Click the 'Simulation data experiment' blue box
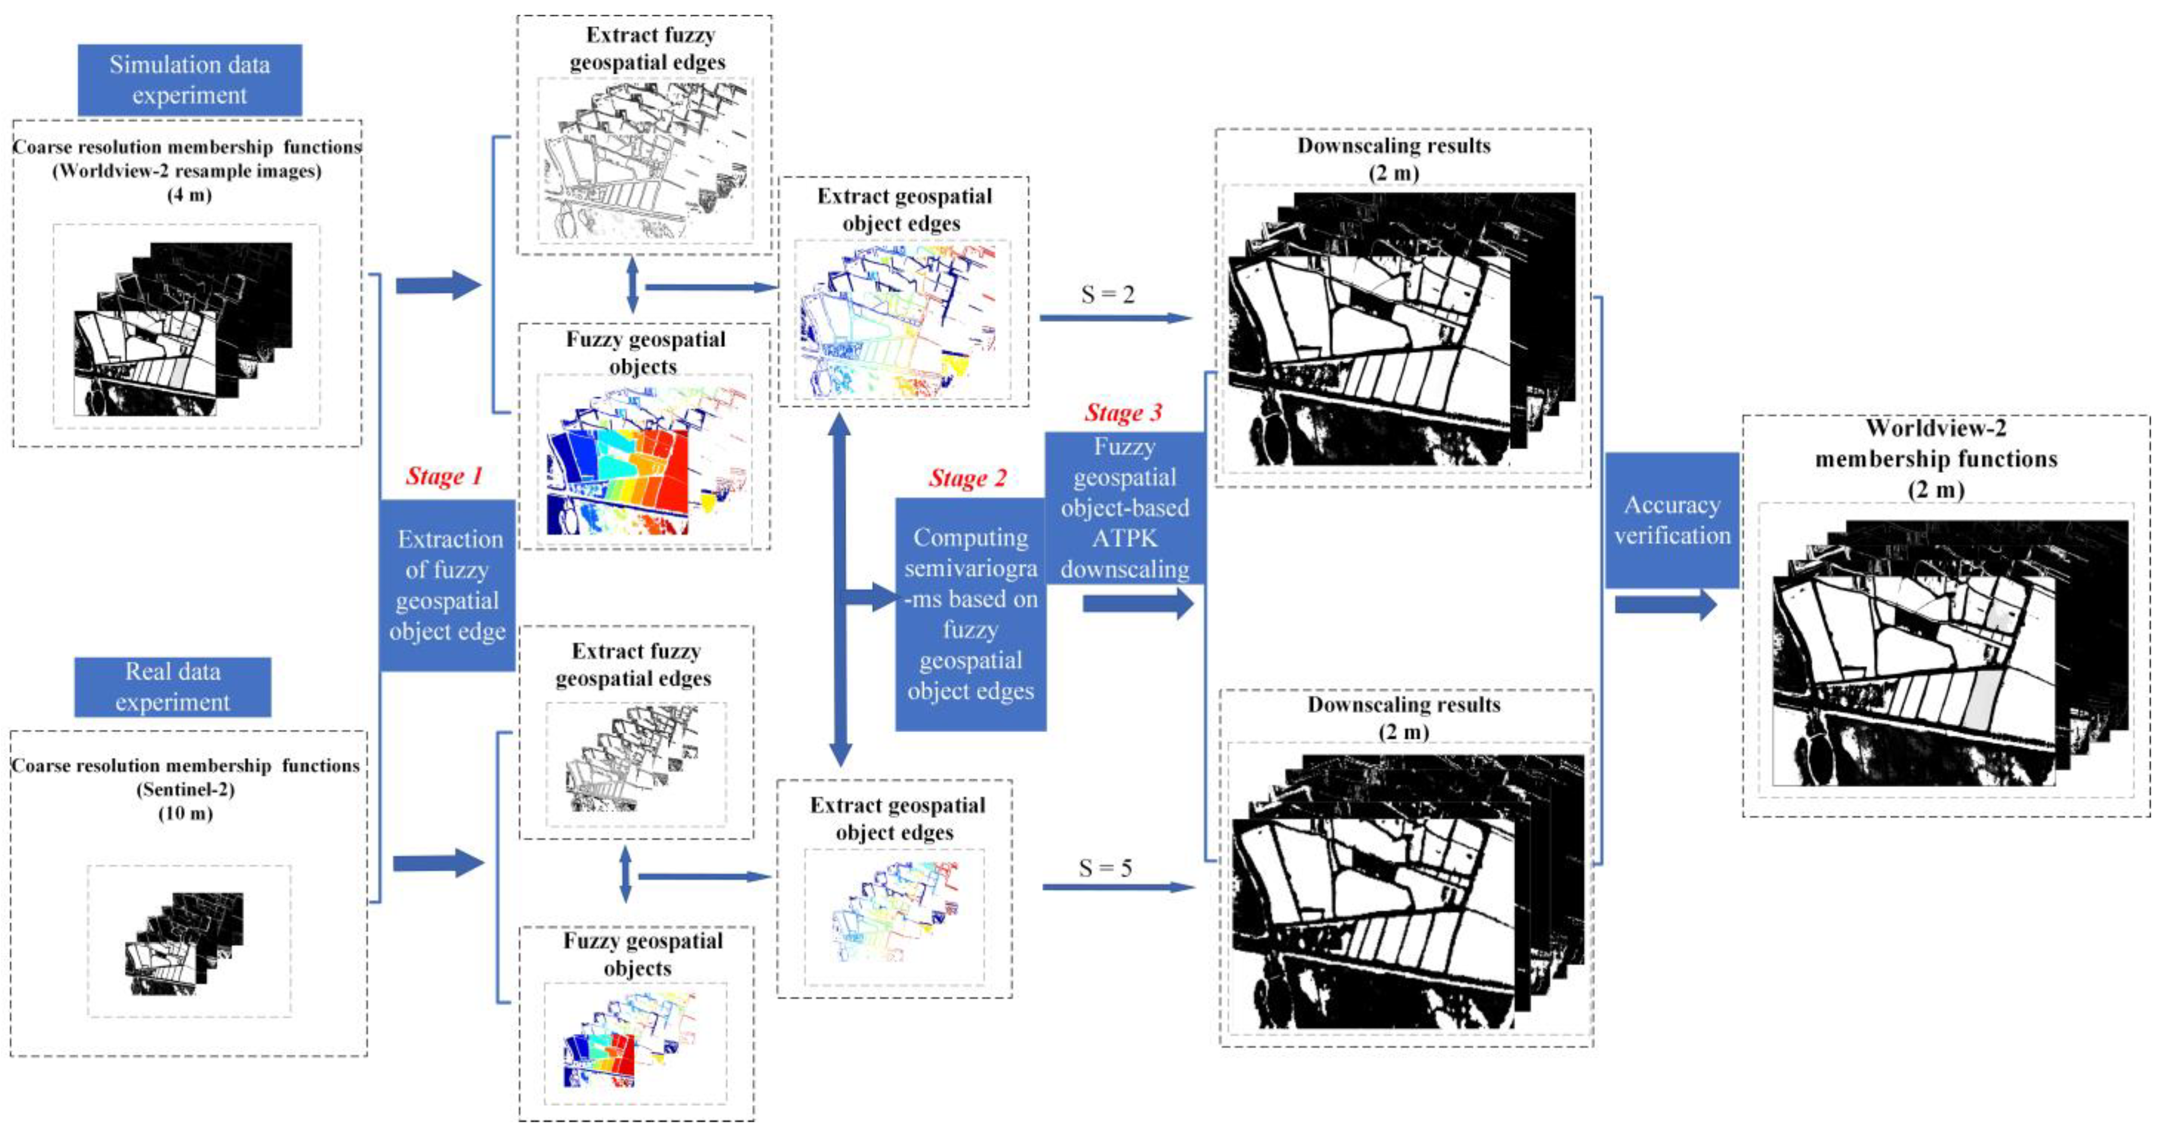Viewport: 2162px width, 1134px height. [190, 80]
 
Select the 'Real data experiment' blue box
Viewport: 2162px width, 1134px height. [173, 687]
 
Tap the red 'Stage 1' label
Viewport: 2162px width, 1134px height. [444, 477]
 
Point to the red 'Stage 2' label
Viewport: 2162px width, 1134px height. [968, 478]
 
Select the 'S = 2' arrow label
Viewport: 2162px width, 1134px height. [1108, 295]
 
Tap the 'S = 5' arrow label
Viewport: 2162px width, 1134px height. [1105, 868]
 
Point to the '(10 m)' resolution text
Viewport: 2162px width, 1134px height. [185, 814]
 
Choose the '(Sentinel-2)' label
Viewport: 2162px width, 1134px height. [185, 790]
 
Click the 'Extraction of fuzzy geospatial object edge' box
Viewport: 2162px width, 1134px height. [448, 585]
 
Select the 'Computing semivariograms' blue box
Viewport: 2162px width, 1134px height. [970, 614]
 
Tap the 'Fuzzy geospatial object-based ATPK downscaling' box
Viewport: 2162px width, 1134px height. [1125, 508]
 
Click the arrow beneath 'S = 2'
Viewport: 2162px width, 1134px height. [1116, 318]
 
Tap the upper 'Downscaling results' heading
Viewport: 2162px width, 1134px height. [1394, 146]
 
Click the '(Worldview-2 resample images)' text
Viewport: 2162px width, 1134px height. [186, 171]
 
